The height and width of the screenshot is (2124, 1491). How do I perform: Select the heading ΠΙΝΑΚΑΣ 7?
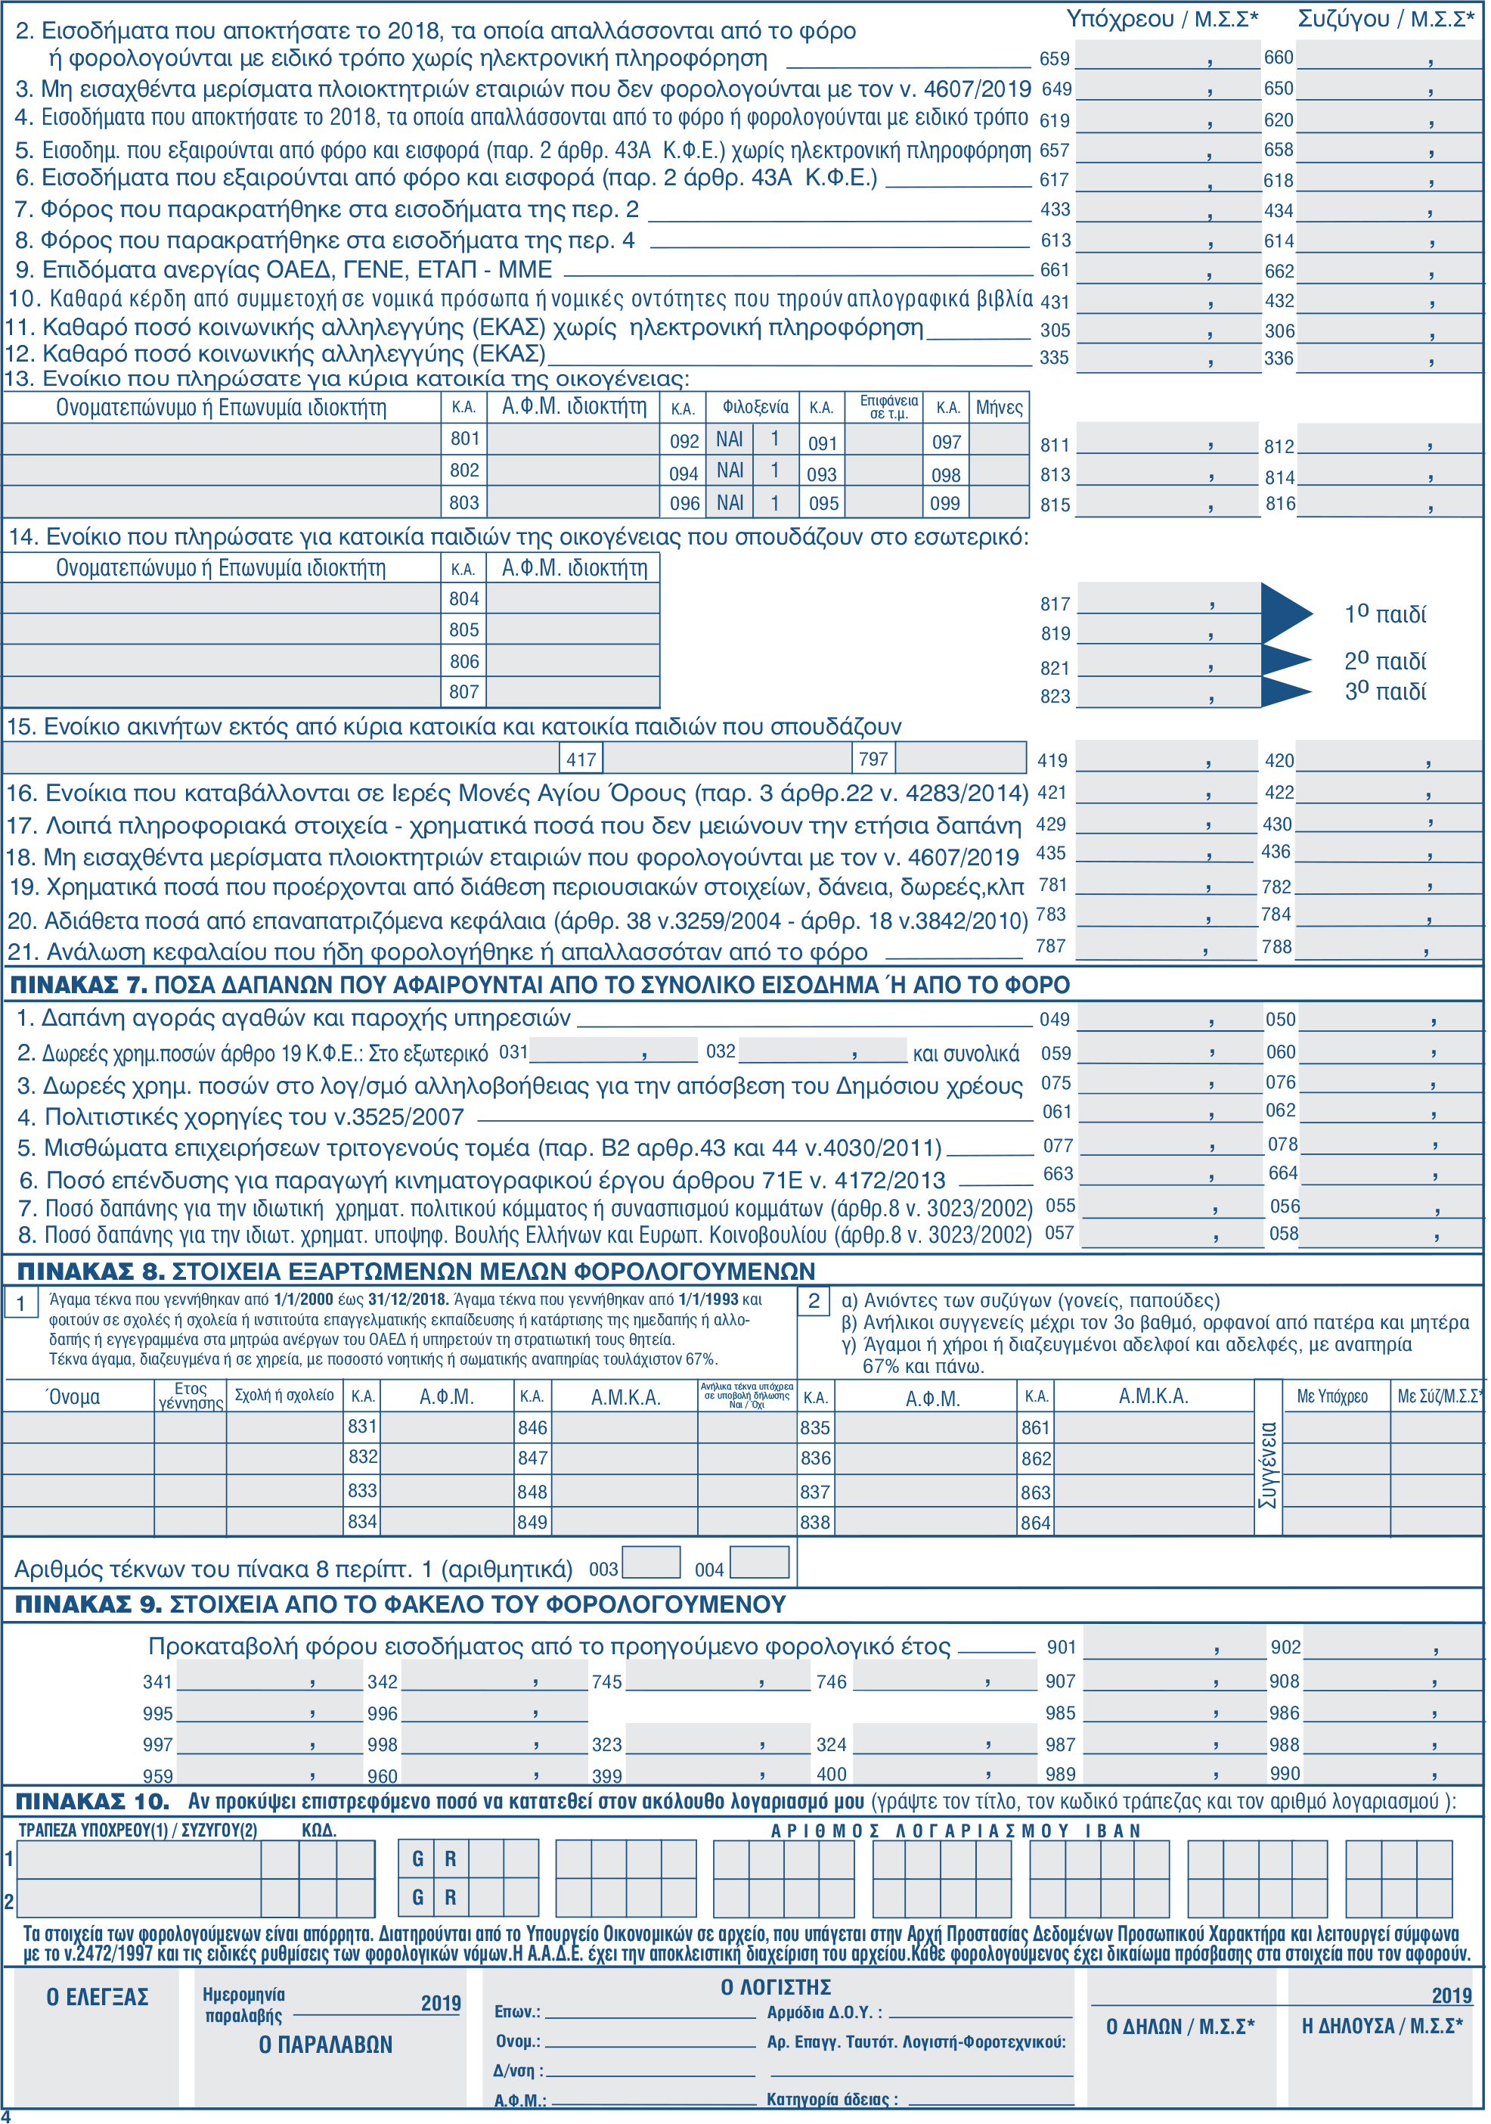coord(79,985)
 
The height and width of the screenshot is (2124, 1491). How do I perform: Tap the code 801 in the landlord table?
coord(464,439)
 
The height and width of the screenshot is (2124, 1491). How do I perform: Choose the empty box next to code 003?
coord(651,1563)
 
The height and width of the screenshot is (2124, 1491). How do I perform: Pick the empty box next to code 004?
coord(759,1563)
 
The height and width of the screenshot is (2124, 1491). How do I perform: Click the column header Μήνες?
coord(999,408)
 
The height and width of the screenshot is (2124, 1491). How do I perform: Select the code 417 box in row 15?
coord(581,759)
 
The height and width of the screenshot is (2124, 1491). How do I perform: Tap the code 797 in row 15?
coord(873,759)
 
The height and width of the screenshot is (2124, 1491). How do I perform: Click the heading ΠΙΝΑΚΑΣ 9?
coord(88,1605)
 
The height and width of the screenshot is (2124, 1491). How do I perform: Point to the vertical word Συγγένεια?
coord(1268,1465)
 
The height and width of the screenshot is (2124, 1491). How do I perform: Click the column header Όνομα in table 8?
coord(73,1397)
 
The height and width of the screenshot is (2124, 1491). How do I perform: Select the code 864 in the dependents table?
coord(1036,1523)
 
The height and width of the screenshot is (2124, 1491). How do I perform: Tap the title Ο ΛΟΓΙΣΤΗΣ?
coord(775,1987)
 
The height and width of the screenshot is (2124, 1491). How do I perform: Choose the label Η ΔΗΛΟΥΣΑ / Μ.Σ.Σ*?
coord(1382,2026)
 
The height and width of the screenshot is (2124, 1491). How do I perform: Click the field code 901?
coord(1061,1647)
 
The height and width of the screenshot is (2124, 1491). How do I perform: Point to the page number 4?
coord(7,2115)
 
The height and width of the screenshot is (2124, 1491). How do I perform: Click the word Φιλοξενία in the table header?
coord(755,408)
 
